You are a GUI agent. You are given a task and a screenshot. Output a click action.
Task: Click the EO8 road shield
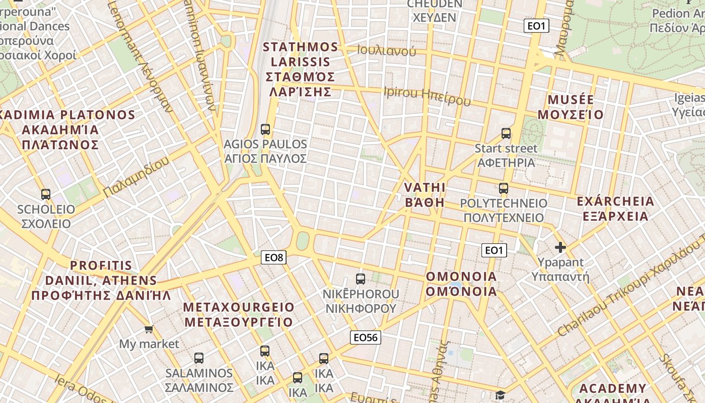(274, 258)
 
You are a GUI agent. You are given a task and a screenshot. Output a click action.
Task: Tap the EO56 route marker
(366, 338)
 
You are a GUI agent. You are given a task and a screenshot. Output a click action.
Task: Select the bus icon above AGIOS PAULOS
(265, 129)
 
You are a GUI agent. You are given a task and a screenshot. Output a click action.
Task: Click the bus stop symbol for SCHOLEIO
(46, 194)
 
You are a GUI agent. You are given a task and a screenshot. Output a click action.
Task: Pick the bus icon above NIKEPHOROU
(361, 279)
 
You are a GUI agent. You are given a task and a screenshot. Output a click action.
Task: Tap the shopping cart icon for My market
(149, 329)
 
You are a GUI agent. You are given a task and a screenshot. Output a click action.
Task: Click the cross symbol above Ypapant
(560, 247)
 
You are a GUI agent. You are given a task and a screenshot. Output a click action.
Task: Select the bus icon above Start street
(506, 133)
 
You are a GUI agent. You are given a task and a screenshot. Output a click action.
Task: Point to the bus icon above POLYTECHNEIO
(504, 188)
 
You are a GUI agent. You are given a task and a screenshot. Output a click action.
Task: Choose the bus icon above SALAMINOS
(199, 358)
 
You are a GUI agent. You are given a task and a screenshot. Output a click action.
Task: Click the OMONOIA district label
(461, 284)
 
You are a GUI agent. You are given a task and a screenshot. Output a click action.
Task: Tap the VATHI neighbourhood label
(425, 195)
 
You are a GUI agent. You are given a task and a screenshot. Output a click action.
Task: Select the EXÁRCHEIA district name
(615, 209)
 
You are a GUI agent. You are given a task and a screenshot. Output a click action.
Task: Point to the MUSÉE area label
(571, 107)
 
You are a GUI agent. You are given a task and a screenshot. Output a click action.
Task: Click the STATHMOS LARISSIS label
(301, 70)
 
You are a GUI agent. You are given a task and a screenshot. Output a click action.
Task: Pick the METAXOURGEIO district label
(239, 314)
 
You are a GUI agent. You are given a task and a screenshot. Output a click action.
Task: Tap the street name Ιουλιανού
(387, 50)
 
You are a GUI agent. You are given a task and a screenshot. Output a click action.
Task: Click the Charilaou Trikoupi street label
(629, 292)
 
